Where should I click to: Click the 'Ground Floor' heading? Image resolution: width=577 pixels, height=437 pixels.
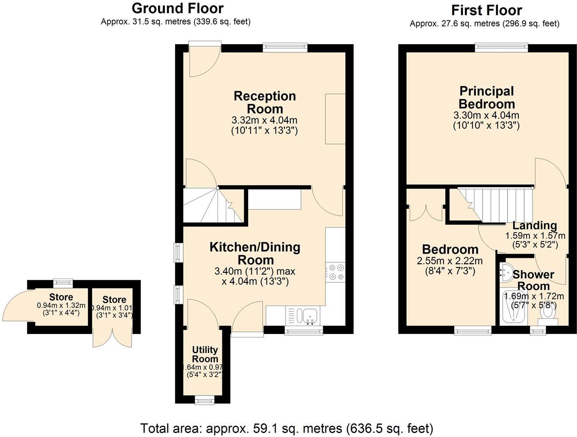point(177,8)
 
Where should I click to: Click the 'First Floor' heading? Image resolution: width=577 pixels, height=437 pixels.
point(486,10)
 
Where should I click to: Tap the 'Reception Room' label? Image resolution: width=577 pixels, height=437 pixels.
point(265,102)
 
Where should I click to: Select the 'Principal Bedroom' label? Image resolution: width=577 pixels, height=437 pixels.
point(487,97)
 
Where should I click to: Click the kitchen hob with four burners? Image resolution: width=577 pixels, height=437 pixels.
point(335,272)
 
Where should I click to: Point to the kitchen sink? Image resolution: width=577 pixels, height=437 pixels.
point(310,316)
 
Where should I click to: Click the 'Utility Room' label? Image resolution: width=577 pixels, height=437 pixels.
point(205,354)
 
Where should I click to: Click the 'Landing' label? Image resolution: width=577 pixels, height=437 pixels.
point(535,225)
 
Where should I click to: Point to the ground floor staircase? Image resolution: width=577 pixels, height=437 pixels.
point(213,205)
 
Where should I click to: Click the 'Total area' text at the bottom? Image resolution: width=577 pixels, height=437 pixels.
point(287,427)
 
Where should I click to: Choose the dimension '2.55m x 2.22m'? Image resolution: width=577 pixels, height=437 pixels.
point(450,261)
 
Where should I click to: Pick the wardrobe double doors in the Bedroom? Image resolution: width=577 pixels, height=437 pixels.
point(425,212)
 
